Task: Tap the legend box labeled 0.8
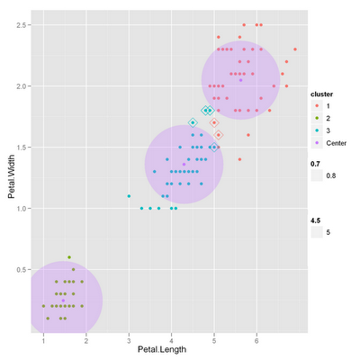click(317, 177)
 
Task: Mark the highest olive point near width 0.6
click(68, 256)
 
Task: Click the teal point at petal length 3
click(129, 195)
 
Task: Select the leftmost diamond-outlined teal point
click(193, 122)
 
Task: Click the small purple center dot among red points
click(240, 81)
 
